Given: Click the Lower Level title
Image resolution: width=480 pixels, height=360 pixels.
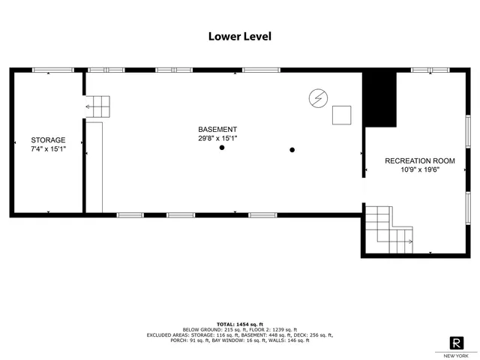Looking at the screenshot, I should tap(240, 36).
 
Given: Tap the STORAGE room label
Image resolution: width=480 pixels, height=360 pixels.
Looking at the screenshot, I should tap(48, 140).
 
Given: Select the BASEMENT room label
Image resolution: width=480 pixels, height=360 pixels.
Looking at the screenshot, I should tap(217, 129).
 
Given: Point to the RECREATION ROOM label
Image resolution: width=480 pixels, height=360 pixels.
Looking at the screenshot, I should tap(420, 160).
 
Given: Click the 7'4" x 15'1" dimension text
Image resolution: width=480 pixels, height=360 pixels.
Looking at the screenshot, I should tap(48, 148).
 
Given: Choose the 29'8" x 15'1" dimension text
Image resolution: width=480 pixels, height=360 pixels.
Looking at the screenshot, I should tap(217, 138).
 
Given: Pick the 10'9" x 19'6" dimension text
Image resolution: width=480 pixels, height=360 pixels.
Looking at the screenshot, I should tap(420, 169).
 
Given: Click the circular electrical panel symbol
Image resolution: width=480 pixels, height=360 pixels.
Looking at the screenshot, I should tap(319, 98).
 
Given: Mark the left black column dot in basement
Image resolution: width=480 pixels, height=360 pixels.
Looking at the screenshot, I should tap(222, 148).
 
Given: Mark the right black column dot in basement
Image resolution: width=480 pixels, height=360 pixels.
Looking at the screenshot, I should tap(292, 148).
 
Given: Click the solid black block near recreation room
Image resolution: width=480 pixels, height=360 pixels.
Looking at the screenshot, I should tap(379, 100).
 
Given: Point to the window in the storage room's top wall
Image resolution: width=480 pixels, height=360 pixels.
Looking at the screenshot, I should tap(52, 70).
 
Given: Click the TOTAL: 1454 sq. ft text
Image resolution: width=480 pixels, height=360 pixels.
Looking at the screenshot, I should tap(239, 324).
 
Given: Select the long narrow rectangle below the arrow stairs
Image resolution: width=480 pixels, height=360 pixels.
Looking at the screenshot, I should tap(93, 166).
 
